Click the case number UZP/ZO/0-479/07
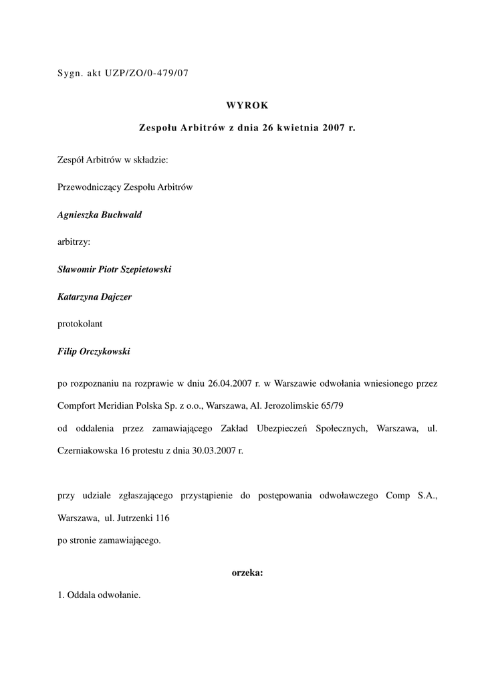point(147,73)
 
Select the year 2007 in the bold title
point(332,127)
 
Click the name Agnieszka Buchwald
point(100,214)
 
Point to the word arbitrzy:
point(74,241)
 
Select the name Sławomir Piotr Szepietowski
point(114,269)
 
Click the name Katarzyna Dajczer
point(94,296)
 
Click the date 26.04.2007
point(229,384)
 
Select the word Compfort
point(78,405)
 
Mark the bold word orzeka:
point(247,573)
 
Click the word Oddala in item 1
point(82,595)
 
